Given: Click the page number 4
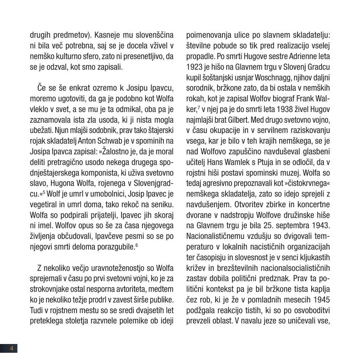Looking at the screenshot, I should coord(12,348).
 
